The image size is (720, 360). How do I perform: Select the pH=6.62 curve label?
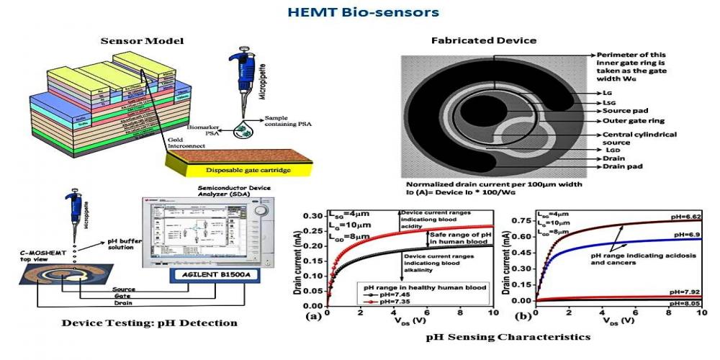point(683,215)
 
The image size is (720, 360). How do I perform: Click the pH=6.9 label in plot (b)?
point(685,235)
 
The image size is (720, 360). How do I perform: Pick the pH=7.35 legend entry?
point(392,303)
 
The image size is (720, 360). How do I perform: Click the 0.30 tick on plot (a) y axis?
point(314,217)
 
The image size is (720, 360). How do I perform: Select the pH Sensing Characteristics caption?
point(508,336)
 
